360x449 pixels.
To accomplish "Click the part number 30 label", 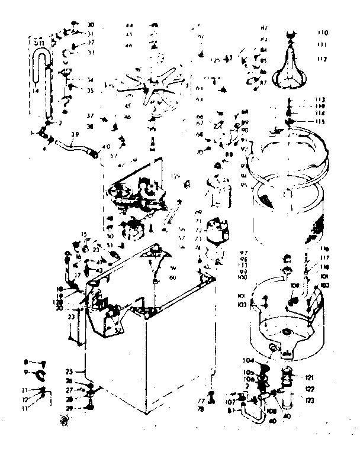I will point(91,25).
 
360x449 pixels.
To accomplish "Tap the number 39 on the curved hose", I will point(73,135).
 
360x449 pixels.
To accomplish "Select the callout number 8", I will point(26,361).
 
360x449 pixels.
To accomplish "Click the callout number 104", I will point(247,360).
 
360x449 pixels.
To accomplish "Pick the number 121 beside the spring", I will point(309,377).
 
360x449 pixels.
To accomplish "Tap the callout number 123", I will point(309,400).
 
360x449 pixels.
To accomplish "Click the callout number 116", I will point(325,249).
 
